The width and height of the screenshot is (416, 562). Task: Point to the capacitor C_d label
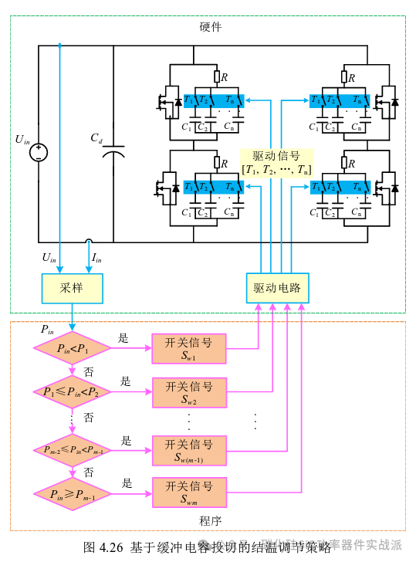pyautogui.click(x=96, y=138)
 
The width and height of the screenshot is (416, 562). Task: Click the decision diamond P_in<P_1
pyautogui.click(x=73, y=349)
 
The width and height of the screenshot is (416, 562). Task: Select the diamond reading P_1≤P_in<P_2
pyautogui.click(x=71, y=392)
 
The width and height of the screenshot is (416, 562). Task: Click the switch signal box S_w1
pyautogui.click(x=189, y=349)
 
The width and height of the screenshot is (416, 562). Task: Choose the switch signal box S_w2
pyautogui.click(x=189, y=392)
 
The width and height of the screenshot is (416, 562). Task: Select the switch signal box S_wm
pyautogui.click(x=189, y=493)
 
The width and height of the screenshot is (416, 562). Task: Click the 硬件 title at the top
pyautogui.click(x=210, y=27)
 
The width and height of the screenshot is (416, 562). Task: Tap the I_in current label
pyautogui.click(x=96, y=257)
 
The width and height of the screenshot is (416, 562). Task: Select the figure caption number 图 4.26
pyautogui.click(x=103, y=547)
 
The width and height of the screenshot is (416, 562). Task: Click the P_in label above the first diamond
pyautogui.click(x=48, y=330)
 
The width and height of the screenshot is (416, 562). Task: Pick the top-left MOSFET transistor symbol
pyautogui.click(x=166, y=100)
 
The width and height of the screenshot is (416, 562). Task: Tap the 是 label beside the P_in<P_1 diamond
pyautogui.click(x=123, y=338)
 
